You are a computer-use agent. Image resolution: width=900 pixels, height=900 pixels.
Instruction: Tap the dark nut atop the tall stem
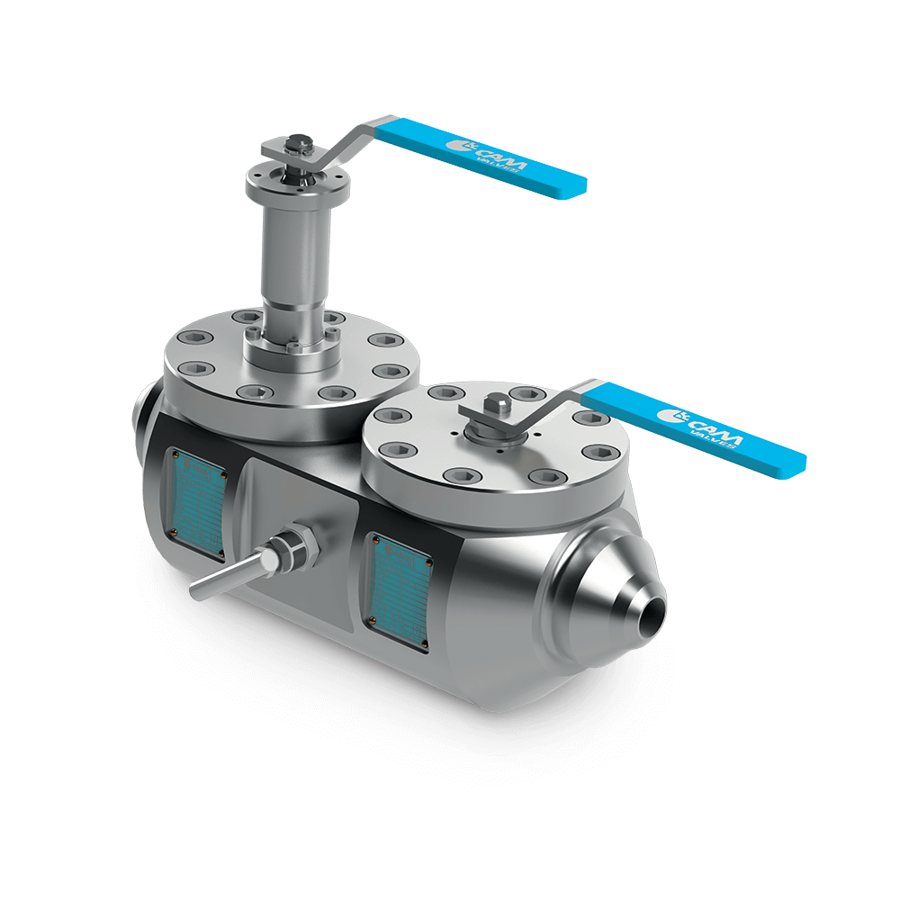[298, 144]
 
